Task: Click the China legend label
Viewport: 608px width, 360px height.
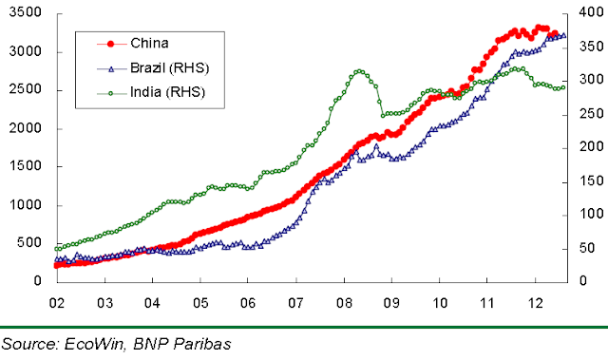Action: [149, 43]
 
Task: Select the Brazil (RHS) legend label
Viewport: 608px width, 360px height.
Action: [170, 68]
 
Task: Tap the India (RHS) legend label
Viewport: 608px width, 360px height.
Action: [167, 92]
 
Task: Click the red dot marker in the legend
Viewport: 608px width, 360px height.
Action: [111, 44]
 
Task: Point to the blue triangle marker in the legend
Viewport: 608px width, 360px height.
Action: [111, 69]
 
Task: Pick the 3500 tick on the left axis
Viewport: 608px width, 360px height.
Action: [26, 12]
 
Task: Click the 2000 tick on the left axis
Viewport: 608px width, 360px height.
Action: [26, 128]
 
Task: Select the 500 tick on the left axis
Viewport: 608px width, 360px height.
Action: [29, 242]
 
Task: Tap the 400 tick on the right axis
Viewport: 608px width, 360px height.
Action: [591, 12]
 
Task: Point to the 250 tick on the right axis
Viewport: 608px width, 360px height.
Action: [591, 114]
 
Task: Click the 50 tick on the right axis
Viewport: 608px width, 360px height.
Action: [587, 248]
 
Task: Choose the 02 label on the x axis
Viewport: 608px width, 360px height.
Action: [57, 303]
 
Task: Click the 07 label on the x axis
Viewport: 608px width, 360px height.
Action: [295, 303]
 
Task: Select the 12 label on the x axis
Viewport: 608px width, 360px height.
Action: [536, 303]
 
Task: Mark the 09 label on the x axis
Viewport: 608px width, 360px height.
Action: [391, 303]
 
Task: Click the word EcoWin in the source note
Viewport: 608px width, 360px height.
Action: [94, 344]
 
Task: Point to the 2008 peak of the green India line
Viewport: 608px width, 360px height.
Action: [359, 71]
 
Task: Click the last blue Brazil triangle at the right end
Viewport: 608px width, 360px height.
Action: [563, 36]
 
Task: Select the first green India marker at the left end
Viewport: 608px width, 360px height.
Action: [57, 249]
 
